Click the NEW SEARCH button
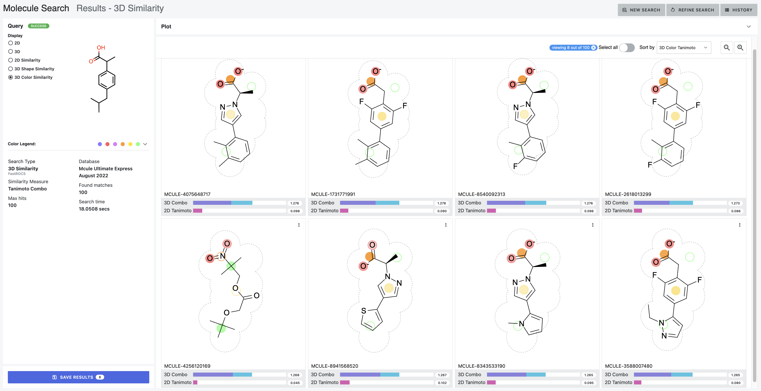641,10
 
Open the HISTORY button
738,10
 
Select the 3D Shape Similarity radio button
11,69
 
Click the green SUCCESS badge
38,26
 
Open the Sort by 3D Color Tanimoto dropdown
683,48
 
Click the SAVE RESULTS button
78,377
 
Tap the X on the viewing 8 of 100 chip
593,48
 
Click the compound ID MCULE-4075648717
187,194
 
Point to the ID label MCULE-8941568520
334,366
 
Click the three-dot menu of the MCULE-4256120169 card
299,225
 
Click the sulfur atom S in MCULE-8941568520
364,311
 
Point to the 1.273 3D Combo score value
735,203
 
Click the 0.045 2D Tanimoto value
295,383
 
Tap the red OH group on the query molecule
101,48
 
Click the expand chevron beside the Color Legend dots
145,144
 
